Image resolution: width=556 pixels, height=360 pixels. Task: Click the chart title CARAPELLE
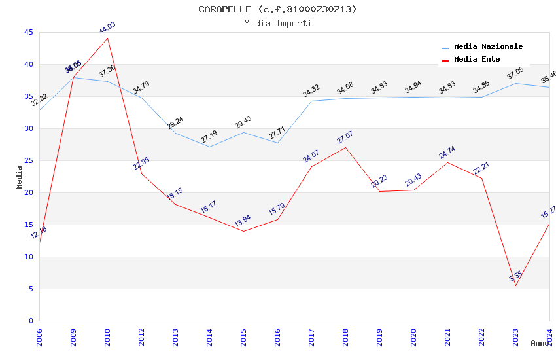pos(278,9)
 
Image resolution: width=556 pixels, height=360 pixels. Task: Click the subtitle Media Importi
pos(278,23)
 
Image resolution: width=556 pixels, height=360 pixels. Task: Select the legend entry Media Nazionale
pos(488,47)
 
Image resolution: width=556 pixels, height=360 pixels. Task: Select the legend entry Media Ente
pos(477,60)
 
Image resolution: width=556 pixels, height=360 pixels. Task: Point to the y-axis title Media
pos(19,177)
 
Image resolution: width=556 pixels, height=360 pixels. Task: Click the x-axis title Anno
pos(540,343)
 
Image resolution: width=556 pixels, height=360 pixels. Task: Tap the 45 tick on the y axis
pos(28,32)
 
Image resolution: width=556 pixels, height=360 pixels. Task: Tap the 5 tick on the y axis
pos(30,289)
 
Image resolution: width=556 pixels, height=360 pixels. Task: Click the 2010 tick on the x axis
pos(107,336)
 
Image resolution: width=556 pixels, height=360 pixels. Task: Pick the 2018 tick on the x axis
pos(345,336)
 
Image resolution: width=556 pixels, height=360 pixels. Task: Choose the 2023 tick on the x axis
pos(515,336)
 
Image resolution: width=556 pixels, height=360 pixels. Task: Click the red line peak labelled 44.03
pos(107,38)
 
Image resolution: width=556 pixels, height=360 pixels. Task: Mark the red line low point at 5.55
pos(515,285)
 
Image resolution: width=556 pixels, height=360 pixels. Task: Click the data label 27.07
pos(345,138)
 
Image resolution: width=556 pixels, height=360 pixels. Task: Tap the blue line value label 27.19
pos(209,137)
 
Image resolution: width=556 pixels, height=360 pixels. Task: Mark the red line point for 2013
pos(175,204)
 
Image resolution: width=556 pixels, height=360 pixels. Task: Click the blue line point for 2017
pos(311,101)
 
